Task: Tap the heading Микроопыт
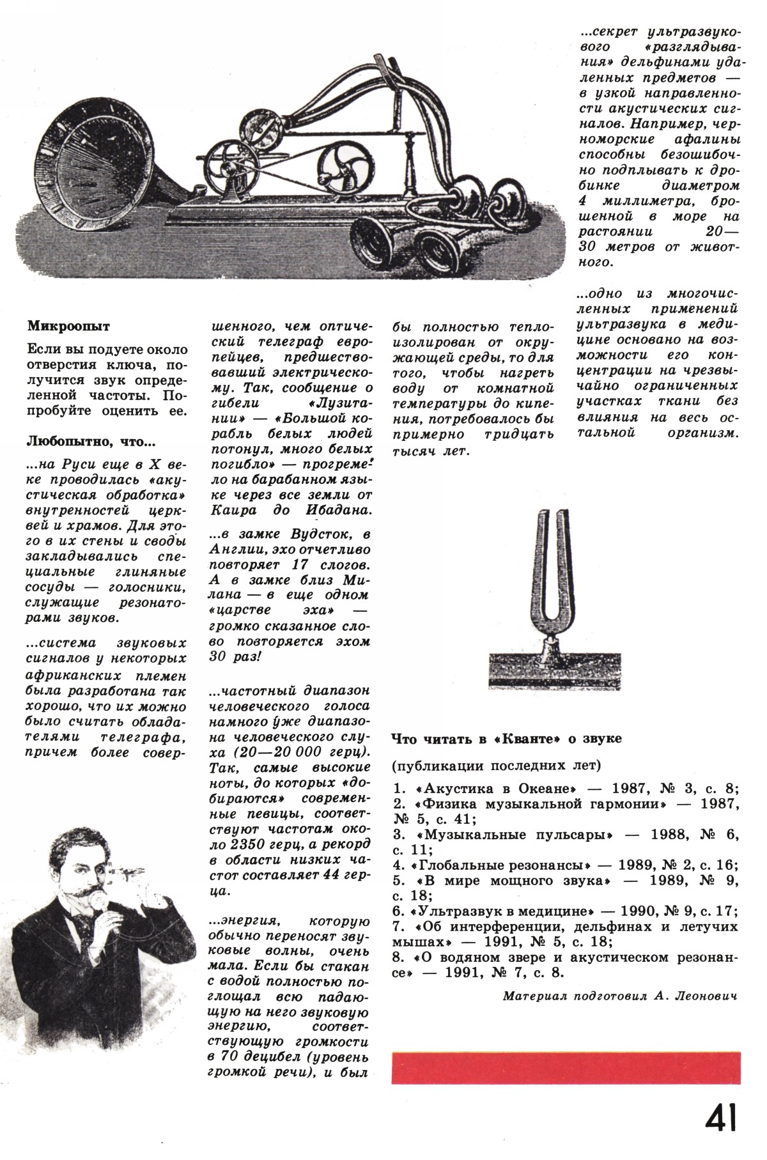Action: click(69, 326)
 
